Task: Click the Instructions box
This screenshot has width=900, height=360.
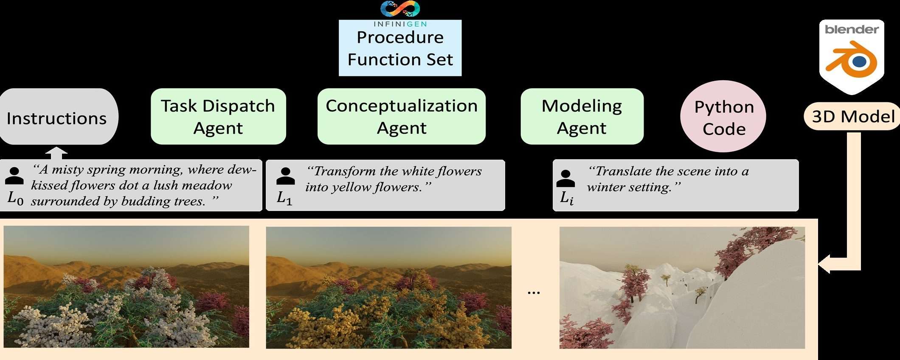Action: coord(59,117)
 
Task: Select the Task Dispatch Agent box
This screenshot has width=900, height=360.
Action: coord(218,116)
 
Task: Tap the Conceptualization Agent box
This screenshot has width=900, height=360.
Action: coord(402,116)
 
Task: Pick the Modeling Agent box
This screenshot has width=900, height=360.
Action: coord(582,116)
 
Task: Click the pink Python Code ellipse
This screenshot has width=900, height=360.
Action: coord(723,117)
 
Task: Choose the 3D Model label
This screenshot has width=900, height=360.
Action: coord(852,116)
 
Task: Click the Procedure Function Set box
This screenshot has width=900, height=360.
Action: coord(400,48)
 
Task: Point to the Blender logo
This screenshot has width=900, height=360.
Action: coord(852,57)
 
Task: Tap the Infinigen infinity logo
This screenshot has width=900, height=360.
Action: coord(400,9)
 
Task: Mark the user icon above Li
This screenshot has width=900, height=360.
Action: coord(566,179)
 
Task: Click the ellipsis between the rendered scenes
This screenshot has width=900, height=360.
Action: coord(534,292)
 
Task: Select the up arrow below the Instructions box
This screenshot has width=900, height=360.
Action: coord(56,153)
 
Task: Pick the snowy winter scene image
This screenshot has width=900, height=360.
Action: coord(682,288)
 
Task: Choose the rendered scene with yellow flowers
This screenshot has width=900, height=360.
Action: coord(389,288)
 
